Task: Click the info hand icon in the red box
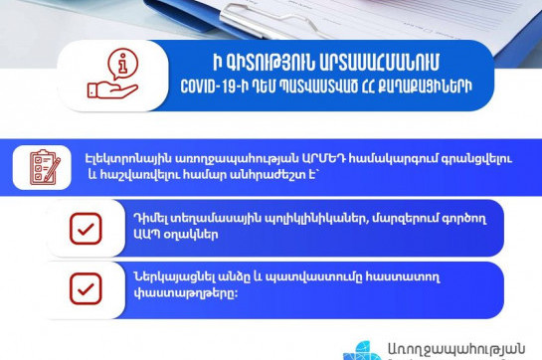pyautogui.click(x=111, y=75)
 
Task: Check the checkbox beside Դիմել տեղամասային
pyautogui.click(x=86, y=228)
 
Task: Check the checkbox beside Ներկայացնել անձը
pyautogui.click(x=86, y=288)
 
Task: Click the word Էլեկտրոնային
pyautogui.click(x=121, y=158)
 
